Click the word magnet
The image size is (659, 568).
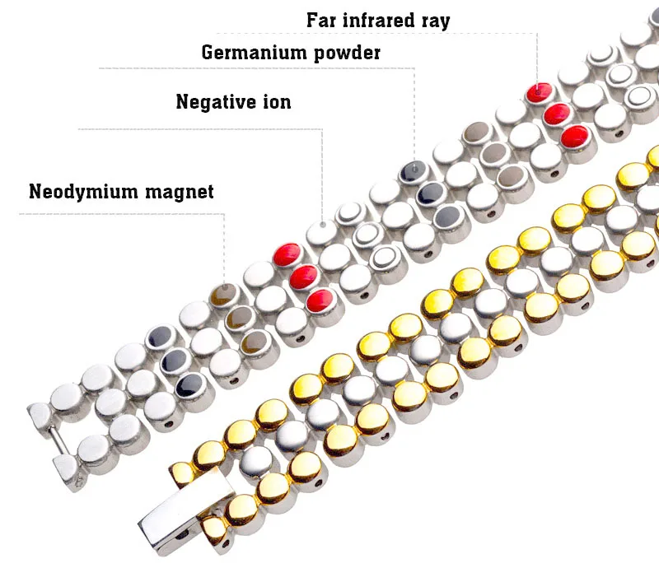pos(179,192)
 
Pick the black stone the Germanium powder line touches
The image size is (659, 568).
pos(412,172)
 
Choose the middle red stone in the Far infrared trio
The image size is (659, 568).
pos(558,113)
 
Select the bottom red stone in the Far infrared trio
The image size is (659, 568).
pos(575,135)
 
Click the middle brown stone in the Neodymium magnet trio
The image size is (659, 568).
pos(239,317)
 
